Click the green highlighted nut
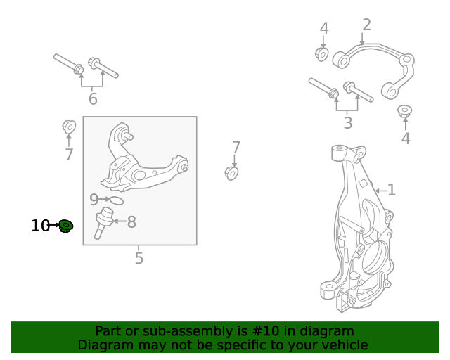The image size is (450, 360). [66, 226]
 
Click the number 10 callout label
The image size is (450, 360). [40, 226]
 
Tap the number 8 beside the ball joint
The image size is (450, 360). [131, 222]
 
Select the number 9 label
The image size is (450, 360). [94, 200]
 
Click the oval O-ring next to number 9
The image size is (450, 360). [116, 200]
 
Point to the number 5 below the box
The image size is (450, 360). [139, 258]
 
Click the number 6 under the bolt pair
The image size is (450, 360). [93, 98]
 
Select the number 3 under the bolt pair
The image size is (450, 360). [348, 123]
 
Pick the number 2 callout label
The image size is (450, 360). [366, 25]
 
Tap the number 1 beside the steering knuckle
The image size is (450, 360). [392, 190]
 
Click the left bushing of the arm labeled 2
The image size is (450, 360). [341, 60]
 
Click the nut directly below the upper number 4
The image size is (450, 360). [322, 54]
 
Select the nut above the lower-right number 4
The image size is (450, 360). [405, 111]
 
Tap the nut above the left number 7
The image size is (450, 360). [69, 127]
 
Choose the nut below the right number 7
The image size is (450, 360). [231, 173]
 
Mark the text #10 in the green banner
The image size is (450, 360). [265, 331]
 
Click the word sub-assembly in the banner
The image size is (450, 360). [195, 331]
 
